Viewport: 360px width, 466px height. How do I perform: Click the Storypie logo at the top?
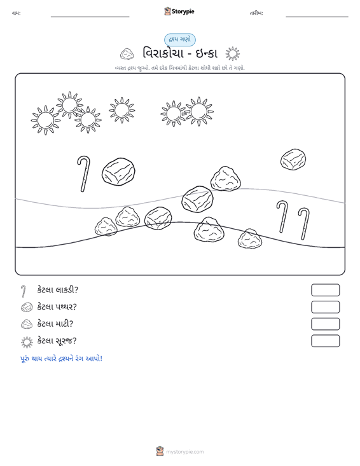(179, 11)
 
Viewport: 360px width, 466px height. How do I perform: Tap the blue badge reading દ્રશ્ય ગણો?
(180, 40)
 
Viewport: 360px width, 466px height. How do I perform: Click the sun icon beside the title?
(232, 54)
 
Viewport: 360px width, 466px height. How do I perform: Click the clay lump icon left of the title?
(127, 54)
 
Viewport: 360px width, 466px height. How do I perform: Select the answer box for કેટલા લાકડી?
(325, 290)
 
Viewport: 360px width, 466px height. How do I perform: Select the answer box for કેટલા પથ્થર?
(325, 307)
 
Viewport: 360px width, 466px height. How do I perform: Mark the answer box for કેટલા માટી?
(325, 324)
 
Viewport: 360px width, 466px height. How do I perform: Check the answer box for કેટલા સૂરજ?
(325, 341)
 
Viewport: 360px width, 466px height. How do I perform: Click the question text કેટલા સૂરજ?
(57, 341)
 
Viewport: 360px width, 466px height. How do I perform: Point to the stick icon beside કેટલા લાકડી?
(24, 291)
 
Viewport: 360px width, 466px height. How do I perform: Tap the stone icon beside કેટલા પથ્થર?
(27, 307)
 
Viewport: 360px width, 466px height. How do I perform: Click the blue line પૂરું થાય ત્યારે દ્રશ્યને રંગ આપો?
(61, 359)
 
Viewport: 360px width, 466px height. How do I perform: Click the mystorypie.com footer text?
(185, 452)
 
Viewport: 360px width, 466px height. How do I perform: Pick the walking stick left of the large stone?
(84, 174)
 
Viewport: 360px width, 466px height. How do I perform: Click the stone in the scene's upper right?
(293, 160)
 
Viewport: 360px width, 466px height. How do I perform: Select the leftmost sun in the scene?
(46, 120)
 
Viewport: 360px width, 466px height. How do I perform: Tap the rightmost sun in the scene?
(199, 112)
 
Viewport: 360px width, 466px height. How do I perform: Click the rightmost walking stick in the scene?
(304, 223)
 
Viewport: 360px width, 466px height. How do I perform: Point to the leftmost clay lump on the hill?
(106, 226)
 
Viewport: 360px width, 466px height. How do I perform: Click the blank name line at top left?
(90, 17)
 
